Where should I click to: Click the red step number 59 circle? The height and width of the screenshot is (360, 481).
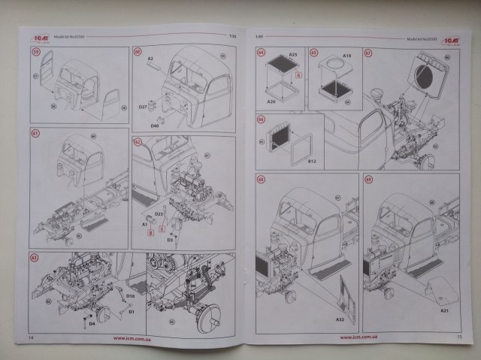(x=35, y=53)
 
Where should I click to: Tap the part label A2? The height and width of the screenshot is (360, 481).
(x=150, y=58)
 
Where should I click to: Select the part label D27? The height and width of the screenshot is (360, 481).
(x=142, y=107)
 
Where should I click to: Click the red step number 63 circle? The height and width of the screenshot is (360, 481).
(x=34, y=258)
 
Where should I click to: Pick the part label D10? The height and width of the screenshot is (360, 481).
(x=130, y=296)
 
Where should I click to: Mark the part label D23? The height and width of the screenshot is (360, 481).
(x=159, y=214)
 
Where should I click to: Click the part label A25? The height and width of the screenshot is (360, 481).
(x=294, y=56)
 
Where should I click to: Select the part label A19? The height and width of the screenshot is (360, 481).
(x=347, y=56)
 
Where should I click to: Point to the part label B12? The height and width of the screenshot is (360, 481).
(x=313, y=160)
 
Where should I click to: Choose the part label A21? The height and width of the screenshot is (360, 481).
(x=443, y=310)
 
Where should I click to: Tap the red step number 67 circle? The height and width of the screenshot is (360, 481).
(x=368, y=53)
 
